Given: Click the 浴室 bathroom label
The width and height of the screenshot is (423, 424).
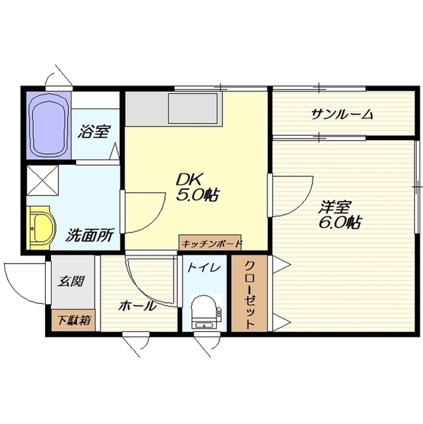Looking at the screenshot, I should (93, 132).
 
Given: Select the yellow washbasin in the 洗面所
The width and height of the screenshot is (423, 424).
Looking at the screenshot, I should (41, 227).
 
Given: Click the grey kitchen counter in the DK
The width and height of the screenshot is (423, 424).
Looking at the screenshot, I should (172, 108).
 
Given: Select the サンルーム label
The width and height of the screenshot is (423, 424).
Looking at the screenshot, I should (342, 115).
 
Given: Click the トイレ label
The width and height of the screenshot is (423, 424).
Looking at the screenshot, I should (200, 269).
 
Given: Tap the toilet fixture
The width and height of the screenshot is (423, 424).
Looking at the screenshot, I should (203, 312).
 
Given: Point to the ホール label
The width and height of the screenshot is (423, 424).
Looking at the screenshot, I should (138, 306).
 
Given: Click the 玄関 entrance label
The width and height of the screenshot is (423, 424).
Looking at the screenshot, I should (73, 281).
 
